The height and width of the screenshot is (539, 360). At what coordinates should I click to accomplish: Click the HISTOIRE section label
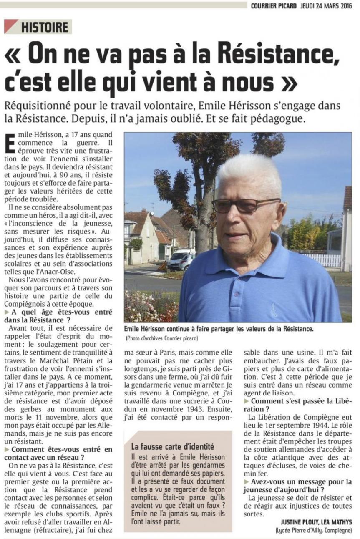(x=44, y=27)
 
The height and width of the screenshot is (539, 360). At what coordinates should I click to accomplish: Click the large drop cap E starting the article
(x=11, y=145)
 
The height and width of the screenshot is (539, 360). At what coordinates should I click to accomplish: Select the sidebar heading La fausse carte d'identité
(x=172, y=446)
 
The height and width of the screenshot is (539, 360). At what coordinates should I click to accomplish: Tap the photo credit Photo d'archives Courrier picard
(x=161, y=338)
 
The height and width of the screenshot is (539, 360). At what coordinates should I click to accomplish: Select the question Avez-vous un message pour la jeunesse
(x=298, y=485)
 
